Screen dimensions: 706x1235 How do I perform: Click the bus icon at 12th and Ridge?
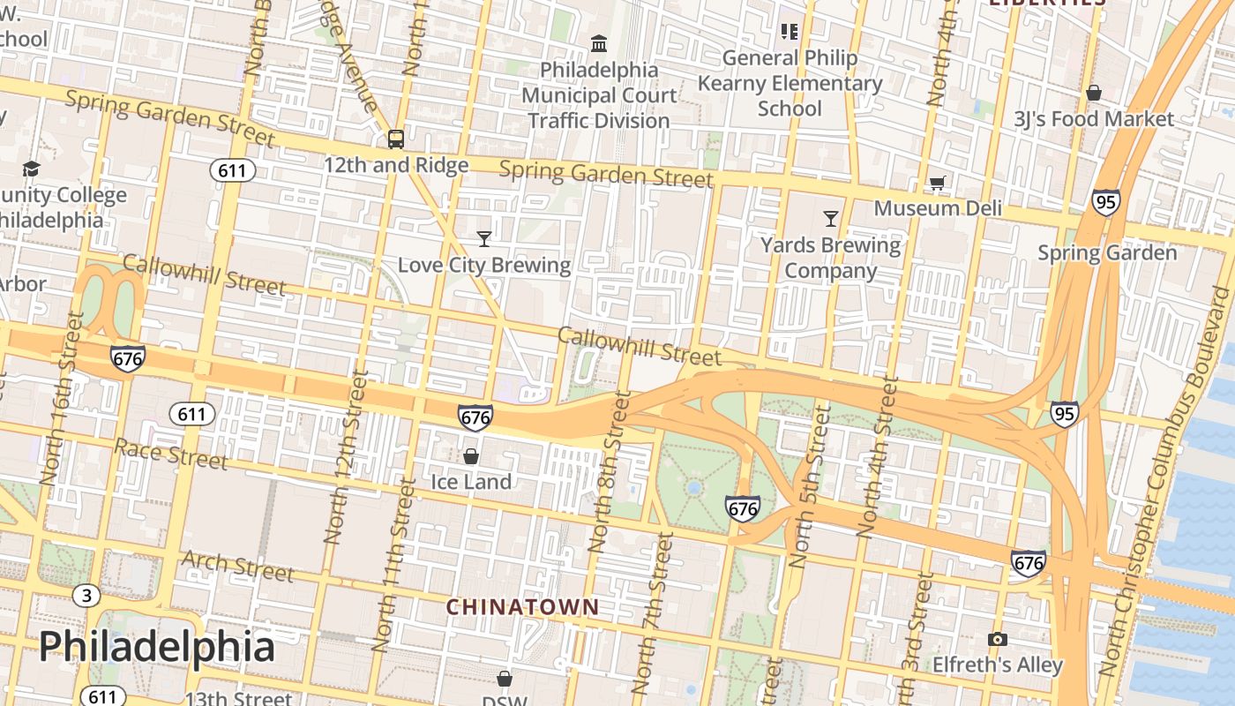[396, 139]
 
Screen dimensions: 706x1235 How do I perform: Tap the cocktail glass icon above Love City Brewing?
[483, 238]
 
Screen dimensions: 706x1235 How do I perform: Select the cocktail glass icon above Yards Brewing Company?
[830, 218]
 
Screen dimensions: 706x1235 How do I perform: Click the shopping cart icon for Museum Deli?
[937, 183]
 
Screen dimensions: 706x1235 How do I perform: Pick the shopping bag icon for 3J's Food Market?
[1094, 93]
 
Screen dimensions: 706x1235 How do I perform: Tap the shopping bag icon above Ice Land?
[471, 455]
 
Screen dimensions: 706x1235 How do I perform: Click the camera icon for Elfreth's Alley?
[998, 639]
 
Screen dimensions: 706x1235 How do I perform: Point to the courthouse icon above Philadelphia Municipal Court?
[599, 43]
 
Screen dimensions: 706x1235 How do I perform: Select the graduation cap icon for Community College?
[32, 169]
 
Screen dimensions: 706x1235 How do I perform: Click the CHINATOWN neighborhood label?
[522, 607]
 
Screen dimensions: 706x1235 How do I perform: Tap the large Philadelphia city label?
[157, 646]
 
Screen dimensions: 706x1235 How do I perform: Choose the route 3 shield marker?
[86, 596]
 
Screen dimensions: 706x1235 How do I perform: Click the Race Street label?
[171, 454]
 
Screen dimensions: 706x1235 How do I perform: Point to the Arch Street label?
[237, 566]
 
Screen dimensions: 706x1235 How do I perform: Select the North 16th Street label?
[63, 397]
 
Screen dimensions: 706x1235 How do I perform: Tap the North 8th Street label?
[610, 472]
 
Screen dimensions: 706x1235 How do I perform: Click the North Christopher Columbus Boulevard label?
[1167, 481]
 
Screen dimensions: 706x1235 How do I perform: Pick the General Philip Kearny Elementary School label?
[790, 83]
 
